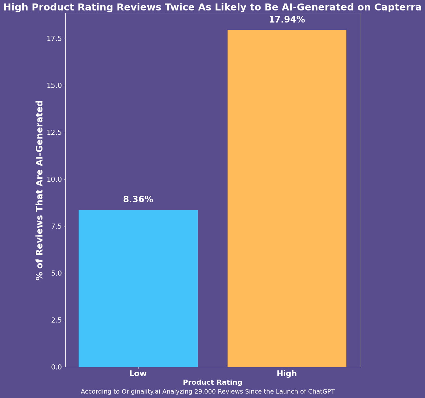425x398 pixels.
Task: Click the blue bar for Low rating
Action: point(138,288)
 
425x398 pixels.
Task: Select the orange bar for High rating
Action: point(287,198)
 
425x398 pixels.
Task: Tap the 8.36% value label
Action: point(138,199)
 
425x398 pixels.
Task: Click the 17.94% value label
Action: point(287,20)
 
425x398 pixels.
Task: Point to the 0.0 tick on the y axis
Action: point(56,367)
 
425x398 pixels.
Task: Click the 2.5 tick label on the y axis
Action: point(56,320)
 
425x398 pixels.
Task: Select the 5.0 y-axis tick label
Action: point(56,273)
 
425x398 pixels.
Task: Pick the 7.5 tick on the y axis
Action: point(56,226)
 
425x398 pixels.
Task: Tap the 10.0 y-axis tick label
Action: point(55,179)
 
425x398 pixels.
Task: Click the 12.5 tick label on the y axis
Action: point(55,132)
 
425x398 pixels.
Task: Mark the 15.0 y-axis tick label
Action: point(55,85)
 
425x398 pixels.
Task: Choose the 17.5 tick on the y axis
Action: point(55,38)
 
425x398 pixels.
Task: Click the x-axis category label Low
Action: point(138,374)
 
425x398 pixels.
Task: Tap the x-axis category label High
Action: point(287,374)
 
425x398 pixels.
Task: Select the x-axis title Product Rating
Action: point(213,382)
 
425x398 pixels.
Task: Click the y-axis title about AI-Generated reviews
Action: point(40,190)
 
